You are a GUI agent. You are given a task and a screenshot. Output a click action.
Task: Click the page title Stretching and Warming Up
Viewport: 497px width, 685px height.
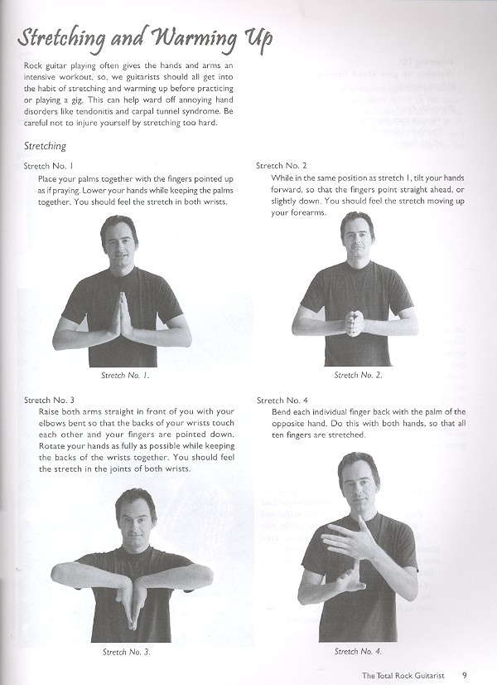point(145,39)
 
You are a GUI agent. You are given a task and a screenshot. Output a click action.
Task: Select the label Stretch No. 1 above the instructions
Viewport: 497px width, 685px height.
point(49,166)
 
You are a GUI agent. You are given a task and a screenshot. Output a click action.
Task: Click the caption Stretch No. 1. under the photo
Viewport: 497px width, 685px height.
point(125,375)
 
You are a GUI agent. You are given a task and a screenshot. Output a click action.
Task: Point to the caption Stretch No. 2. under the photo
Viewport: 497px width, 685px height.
point(358,375)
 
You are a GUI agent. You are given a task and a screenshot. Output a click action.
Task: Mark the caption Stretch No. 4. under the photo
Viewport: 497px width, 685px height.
point(358,651)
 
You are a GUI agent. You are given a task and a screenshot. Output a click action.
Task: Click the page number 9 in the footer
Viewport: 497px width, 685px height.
point(466,673)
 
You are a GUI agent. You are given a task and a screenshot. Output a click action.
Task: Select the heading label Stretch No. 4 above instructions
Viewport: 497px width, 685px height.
point(282,400)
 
